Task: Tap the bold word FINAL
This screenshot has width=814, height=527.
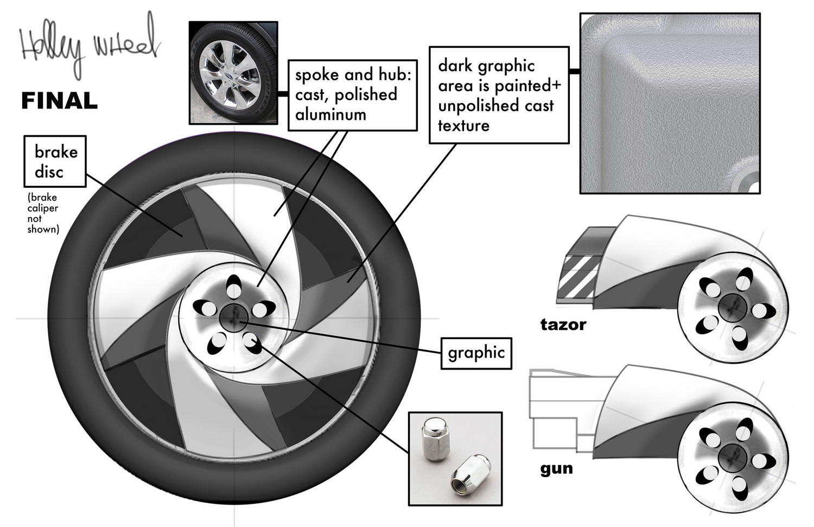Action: (x=59, y=101)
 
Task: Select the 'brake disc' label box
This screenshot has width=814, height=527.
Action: (x=55, y=162)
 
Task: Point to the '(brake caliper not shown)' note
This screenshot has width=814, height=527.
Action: (x=43, y=213)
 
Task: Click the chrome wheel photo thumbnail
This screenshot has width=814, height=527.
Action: (x=233, y=73)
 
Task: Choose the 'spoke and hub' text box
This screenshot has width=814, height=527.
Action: (x=352, y=95)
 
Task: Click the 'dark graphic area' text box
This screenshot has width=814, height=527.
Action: (x=499, y=96)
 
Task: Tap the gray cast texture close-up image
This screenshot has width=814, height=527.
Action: (x=670, y=103)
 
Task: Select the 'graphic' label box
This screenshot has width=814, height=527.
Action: (x=476, y=353)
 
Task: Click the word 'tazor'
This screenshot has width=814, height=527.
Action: (x=563, y=325)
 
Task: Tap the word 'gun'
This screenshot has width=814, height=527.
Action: (x=556, y=468)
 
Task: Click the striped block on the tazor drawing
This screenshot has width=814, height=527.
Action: (x=581, y=277)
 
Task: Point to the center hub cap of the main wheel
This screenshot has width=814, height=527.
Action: (x=234, y=316)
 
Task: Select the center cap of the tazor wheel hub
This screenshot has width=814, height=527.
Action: (x=733, y=309)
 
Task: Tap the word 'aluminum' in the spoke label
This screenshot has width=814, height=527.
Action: (x=330, y=115)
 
